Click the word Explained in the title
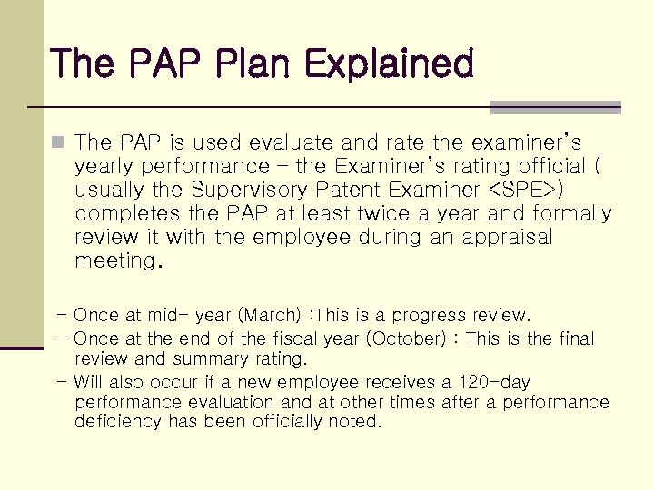[390, 64]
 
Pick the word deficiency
[114, 422]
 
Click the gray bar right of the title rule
[555, 107]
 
